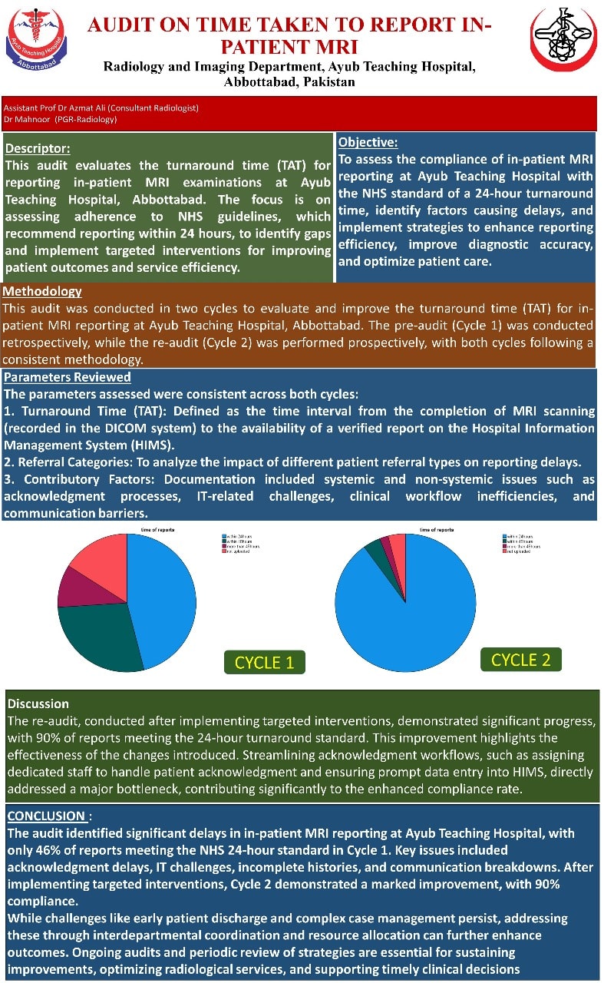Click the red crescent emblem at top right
click(565, 40)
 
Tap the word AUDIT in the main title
click(124, 25)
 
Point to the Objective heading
click(368, 142)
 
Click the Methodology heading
click(42, 292)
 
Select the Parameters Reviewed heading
click(68, 377)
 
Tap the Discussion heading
click(38, 703)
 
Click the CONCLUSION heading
click(45, 816)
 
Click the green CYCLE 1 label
click(264, 662)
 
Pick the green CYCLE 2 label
click(520, 659)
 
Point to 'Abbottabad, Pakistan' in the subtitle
click(289, 81)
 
